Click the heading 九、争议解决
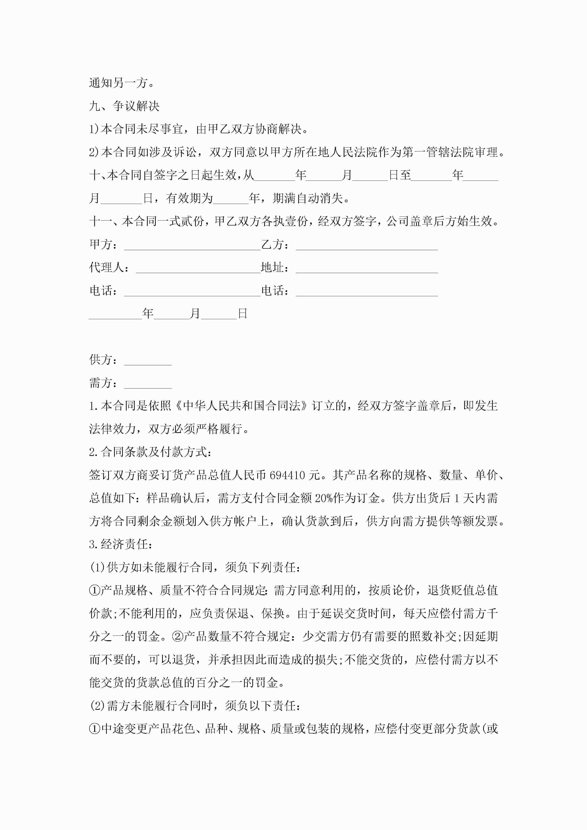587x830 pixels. pos(124,106)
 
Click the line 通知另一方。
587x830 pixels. pos(122,83)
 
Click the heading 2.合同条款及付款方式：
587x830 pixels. pos(150,452)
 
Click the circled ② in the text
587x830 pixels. pos(178,637)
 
